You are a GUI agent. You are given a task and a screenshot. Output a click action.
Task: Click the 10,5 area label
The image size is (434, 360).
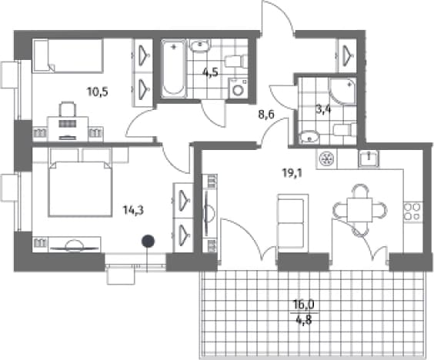click(98, 92)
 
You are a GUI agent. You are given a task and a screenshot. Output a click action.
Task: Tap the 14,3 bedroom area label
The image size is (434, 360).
click(133, 211)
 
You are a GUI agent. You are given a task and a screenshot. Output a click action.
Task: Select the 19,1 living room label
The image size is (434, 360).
click(292, 173)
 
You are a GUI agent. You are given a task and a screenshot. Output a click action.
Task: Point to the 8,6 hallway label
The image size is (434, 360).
click(266, 114)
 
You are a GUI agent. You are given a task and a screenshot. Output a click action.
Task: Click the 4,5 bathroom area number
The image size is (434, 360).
click(210, 72)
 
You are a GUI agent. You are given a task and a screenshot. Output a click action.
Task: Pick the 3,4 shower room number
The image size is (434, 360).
click(323, 110)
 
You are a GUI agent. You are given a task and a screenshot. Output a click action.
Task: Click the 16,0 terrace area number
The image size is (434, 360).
click(304, 305)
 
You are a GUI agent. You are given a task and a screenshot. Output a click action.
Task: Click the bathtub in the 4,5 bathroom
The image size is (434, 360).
click(174, 68)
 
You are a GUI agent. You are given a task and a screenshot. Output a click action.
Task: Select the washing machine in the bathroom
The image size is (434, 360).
click(238, 88)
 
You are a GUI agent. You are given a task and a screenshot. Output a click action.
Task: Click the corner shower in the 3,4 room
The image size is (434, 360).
click(342, 91)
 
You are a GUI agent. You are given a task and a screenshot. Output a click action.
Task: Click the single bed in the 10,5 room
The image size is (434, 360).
click(68, 56)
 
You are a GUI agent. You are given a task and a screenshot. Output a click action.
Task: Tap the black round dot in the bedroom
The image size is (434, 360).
click(148, 241)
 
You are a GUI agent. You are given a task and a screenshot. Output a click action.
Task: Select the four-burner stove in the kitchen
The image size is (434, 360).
click(412, 212)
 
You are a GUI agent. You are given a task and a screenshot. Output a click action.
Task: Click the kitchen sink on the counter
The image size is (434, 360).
click(369, 158)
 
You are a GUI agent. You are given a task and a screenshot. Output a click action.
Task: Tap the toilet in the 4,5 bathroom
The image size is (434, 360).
click(236, 61)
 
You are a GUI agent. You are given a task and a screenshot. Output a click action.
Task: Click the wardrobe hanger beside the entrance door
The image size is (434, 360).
click(347, 55)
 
